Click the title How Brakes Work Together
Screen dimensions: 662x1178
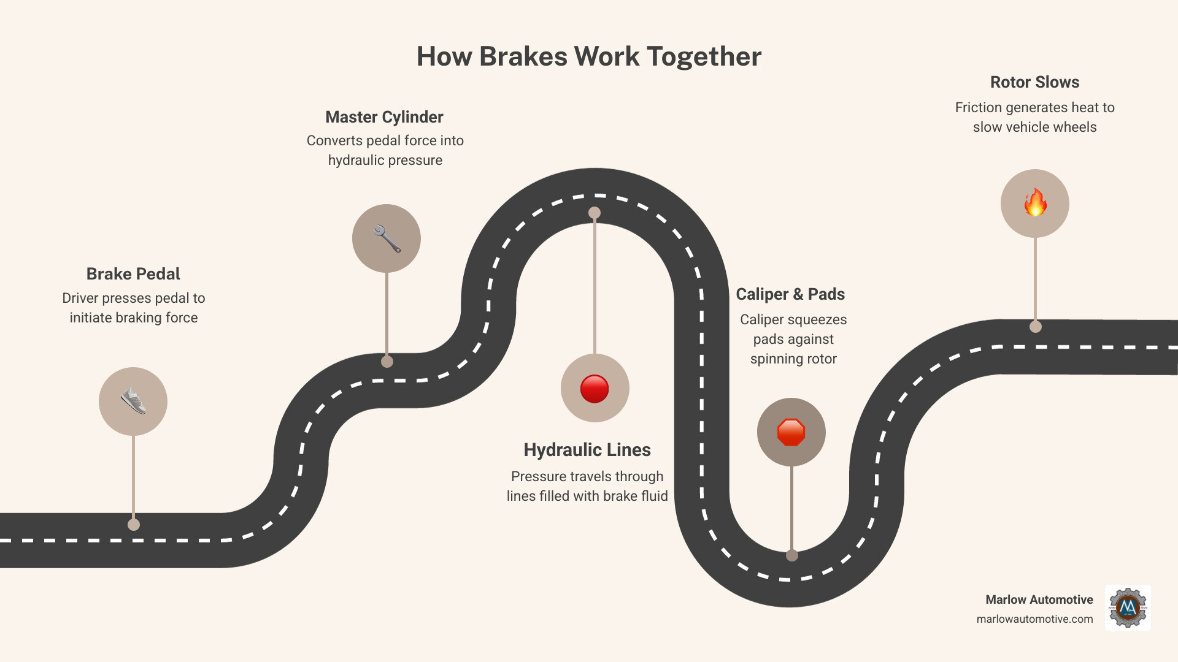point(589,56)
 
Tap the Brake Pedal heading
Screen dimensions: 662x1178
point(133,274)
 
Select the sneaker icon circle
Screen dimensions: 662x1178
point(133,401)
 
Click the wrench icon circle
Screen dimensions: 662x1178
point(387,238)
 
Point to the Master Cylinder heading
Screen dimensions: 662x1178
point(384,117)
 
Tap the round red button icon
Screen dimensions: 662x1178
point(595,389)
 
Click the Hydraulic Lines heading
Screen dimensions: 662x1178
point(587,450)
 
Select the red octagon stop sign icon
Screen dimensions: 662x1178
point(791,432)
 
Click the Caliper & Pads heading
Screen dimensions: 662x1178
point(790,294)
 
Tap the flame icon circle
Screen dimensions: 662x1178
point(1035,204)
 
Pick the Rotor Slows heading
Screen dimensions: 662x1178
point(1034,82)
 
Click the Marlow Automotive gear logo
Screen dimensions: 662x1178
point(1128,607)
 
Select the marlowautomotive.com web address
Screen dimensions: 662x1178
point(1034,619)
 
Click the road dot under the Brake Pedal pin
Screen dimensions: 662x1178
point(134,525)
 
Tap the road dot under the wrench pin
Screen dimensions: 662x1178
point(387,362)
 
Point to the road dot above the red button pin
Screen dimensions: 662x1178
point(595,213)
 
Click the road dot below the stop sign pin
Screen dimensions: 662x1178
point(792,555)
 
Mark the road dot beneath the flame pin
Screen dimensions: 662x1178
point(1036,327)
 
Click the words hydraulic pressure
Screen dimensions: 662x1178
point(385,161)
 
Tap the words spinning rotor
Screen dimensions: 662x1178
point(793,359)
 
